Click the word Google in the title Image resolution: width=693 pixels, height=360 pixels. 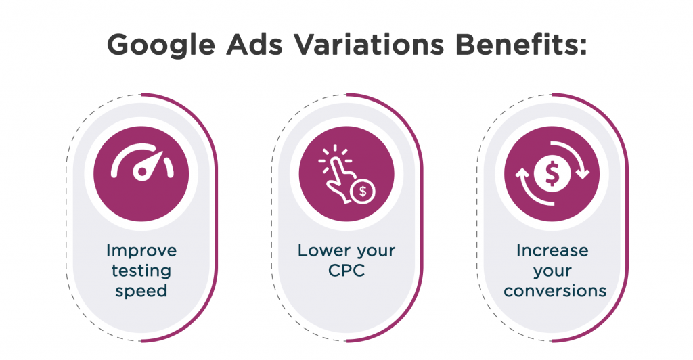[x=161, y=45]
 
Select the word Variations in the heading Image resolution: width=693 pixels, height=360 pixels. [x=369, y=44]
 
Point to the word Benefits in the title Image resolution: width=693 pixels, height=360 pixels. [x=522, y=44]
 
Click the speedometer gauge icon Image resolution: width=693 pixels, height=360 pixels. [x=142, y=164]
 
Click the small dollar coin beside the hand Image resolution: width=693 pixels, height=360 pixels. [x=363, y=192]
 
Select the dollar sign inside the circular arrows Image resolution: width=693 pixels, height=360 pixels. [x=552, y=173]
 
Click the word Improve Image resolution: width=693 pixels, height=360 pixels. [x=141, y=251]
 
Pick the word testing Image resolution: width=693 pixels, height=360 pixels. [x=141, y=271]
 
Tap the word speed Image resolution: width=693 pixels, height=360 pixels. [x=141, y=291]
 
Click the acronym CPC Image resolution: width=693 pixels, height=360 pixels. [x=346, y=270]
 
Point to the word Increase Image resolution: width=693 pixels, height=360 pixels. [x=552, y=250]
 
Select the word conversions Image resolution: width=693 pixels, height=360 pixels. [x=555, y=291]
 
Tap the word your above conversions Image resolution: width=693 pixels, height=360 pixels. [x=552, y=272]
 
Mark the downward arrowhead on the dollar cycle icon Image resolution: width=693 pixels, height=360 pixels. [x=583, y=173]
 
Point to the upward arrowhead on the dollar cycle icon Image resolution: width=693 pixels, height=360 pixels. [x=522, y=174]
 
